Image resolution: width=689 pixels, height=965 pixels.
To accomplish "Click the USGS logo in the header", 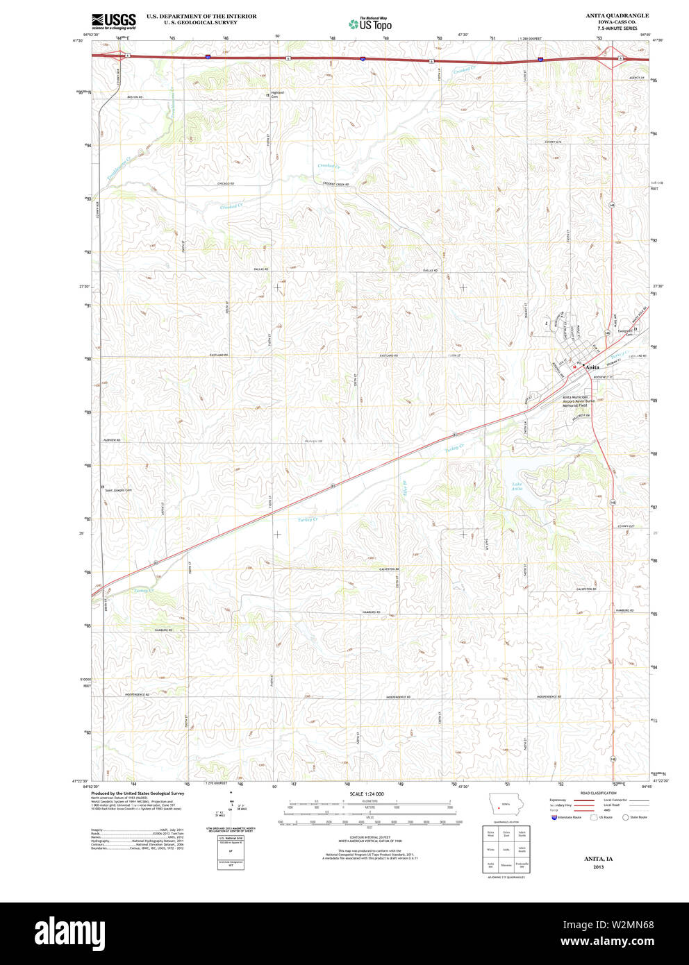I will click(114, 19).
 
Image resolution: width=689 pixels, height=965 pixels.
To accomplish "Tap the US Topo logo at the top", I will click(370, 24).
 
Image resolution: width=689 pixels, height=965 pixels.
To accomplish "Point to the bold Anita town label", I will click(592, 367).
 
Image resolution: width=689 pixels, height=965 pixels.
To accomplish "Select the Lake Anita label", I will click(517, 487).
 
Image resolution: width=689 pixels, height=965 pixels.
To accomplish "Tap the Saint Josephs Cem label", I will click(118, 490).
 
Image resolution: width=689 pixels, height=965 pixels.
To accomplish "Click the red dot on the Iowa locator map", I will click(499, 807).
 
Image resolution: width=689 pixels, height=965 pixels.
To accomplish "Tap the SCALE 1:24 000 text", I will click(367, 794).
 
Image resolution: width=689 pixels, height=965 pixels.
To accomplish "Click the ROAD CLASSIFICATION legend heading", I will click(598, 793).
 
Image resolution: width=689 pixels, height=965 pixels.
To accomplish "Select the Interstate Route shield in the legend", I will click(554, 818).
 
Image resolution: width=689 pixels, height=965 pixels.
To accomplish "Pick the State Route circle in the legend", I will click(625, 818).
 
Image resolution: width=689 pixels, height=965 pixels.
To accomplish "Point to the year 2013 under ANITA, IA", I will click(598, 867).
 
